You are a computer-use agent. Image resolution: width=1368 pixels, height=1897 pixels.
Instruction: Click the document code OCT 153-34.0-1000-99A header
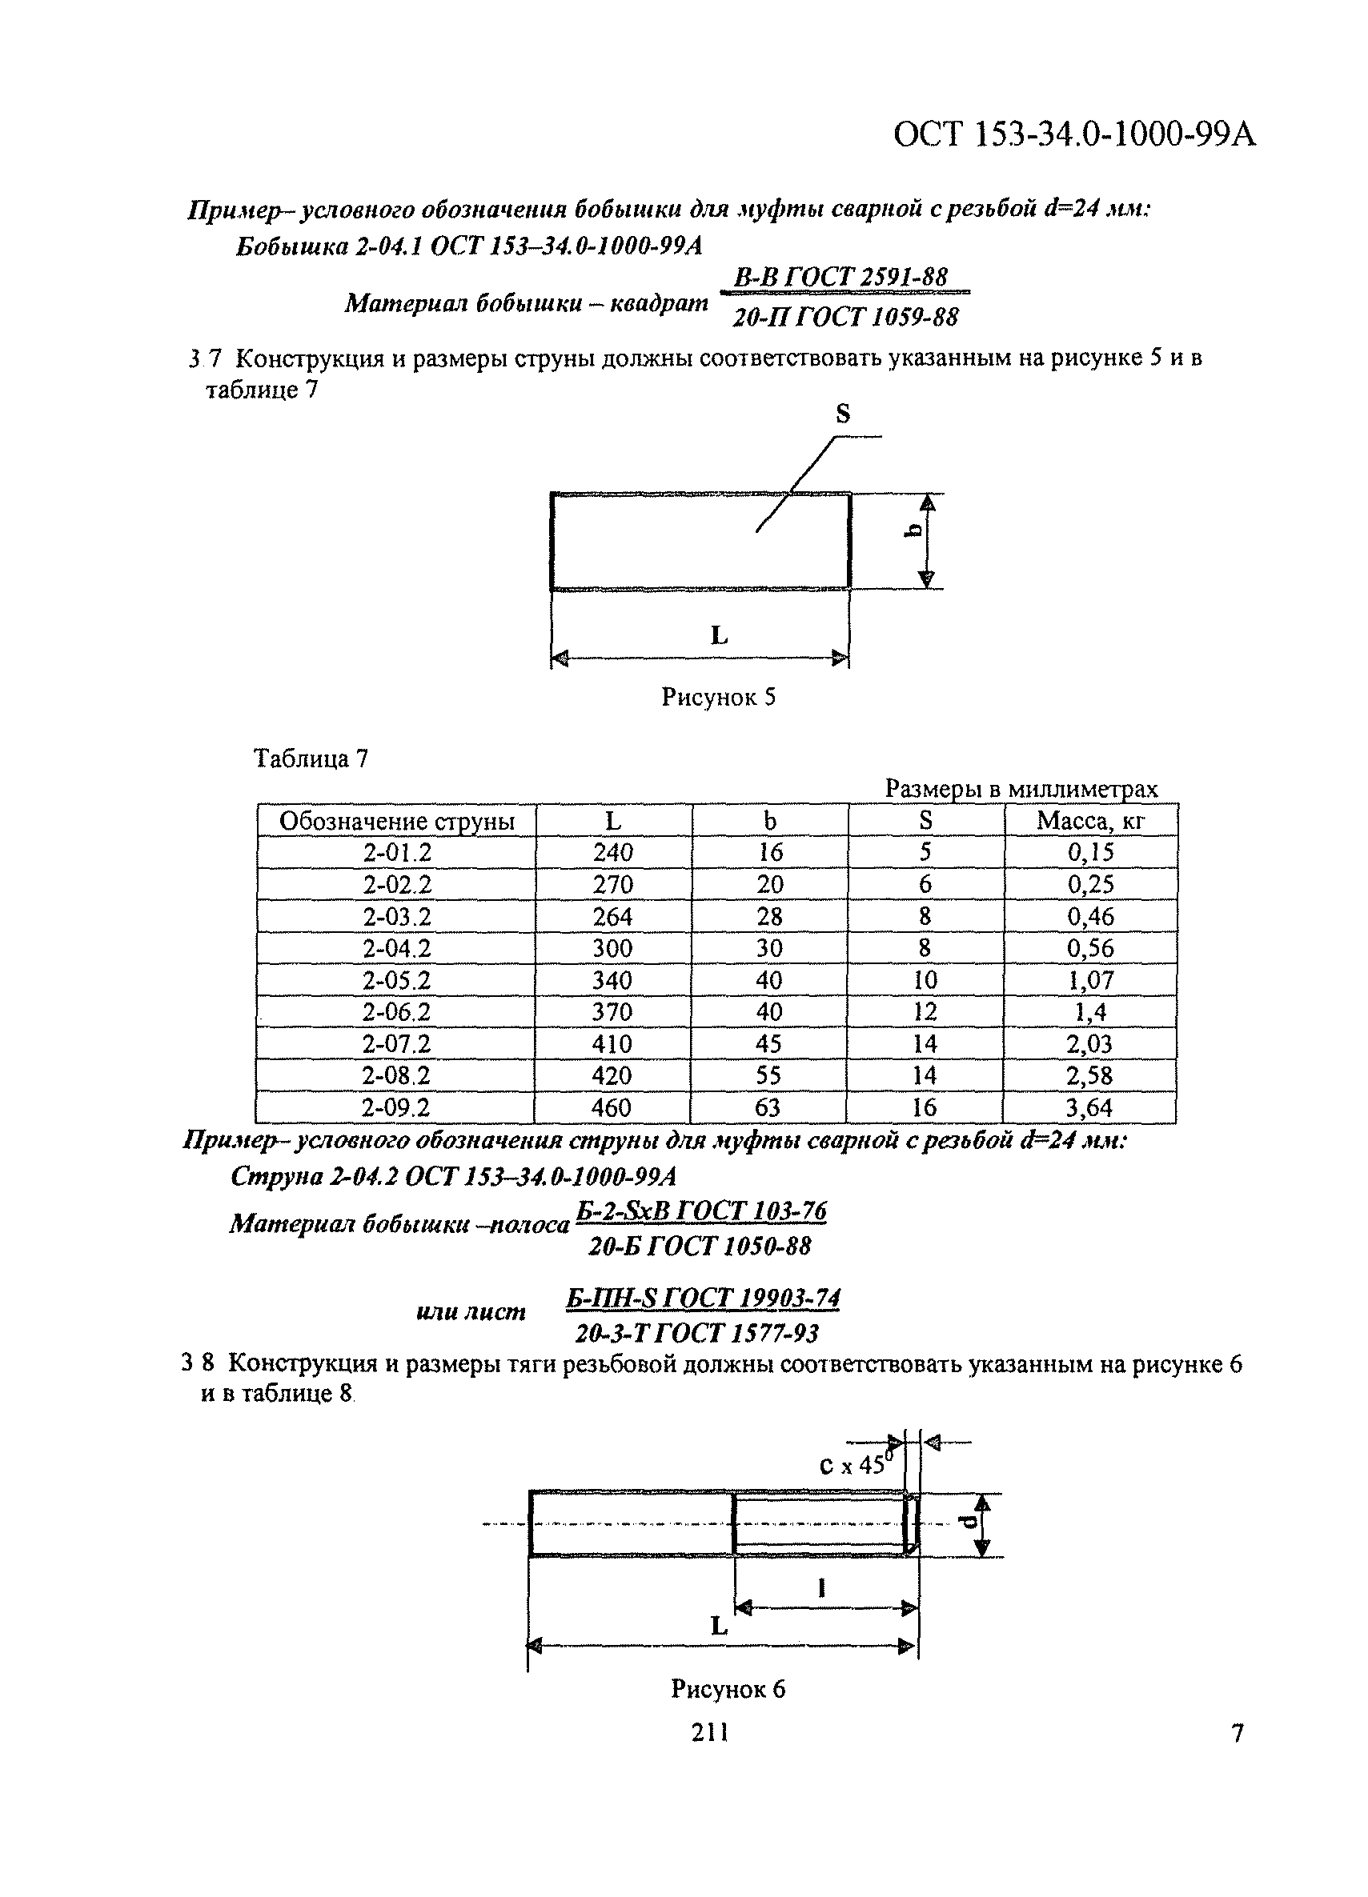[x=1074, y=134]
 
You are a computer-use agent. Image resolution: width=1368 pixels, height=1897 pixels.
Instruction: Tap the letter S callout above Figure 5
[x=843, y=413]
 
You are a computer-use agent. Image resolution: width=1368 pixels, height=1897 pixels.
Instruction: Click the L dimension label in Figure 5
[x=719, y=636]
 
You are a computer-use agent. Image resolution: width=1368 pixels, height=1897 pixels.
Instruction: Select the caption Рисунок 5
[x=718, y=697]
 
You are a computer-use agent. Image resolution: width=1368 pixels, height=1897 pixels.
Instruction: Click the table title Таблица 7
[x=311, y=758]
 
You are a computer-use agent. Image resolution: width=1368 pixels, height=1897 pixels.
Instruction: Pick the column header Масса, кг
[x=1090, y=821]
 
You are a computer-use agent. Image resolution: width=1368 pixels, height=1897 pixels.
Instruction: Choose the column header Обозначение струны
[x=396, y=822]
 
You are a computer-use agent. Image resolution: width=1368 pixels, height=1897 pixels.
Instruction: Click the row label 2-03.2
[x=396, y=917]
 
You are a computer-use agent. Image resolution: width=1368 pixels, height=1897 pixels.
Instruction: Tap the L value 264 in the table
[x=612, y=917]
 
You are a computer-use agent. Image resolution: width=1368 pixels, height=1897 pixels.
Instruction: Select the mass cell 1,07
[x=1090, y=980]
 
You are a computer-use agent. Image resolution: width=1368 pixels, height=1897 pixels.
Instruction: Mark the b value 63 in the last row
[x=768, y=1108]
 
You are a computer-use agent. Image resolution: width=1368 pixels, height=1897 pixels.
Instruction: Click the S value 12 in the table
[x=925, y=1012]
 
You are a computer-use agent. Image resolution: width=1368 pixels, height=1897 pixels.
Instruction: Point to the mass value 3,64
[x=1089, y=1108]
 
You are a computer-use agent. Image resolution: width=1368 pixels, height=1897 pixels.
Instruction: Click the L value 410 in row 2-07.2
[x=612, y=1045]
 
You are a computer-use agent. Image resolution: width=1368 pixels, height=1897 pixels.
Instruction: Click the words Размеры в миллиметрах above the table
[x=1021, y=789]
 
